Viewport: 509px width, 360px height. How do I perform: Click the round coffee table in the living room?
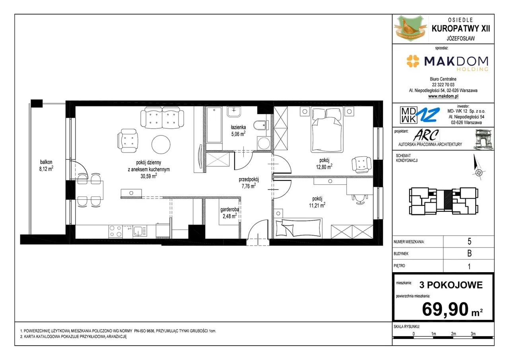pos(161,144)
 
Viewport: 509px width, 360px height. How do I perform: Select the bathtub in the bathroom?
pos(214,125)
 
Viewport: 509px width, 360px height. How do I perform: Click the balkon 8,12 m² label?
pos(46,165)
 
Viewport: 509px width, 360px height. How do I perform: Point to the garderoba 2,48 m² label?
pos(229,213)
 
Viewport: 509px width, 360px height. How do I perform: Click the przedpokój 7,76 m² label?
pos(249,183)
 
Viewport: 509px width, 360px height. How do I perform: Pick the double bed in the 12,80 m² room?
pos(327,130)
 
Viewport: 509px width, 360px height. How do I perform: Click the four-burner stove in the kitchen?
pos(115,231)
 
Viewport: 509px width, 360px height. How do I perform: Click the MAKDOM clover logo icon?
pos(413,61)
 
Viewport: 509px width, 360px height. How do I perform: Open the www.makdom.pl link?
pos(443,96)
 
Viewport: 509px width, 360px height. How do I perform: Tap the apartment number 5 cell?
pos(469,241)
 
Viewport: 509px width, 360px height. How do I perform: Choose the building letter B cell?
pos(469,254)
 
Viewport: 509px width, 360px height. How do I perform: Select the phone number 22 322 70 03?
pos(443,85)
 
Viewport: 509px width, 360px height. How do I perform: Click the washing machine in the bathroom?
pos(264,143)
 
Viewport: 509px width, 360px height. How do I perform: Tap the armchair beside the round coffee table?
pos(128,141)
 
